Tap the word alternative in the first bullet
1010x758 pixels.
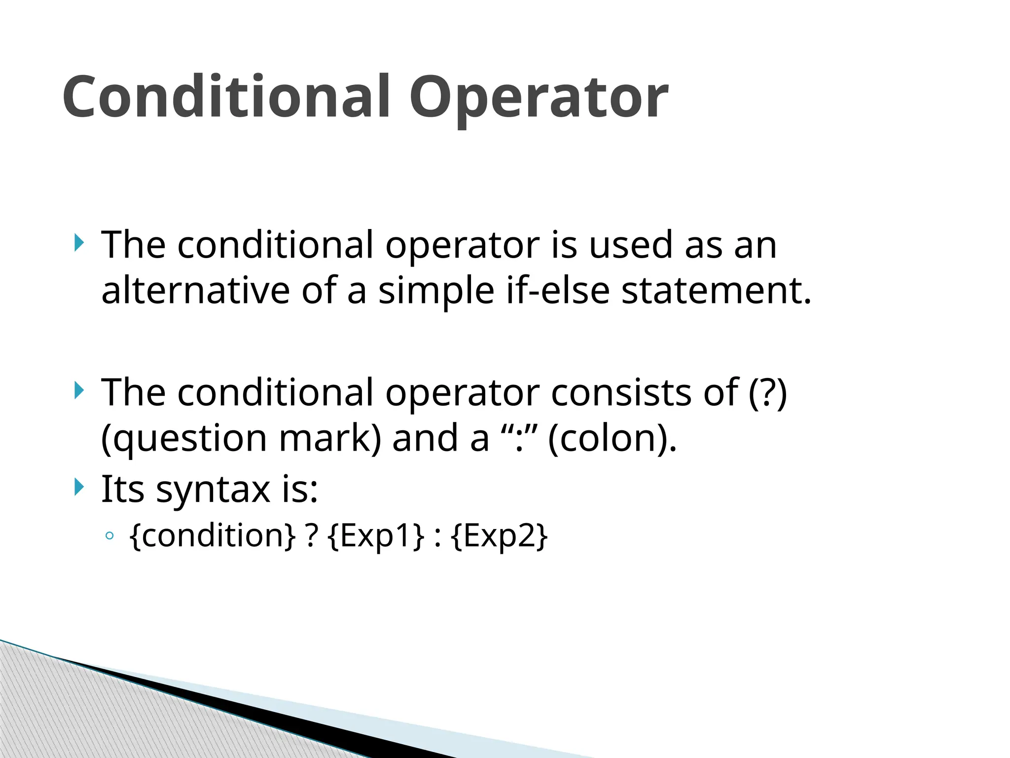pos(195,290)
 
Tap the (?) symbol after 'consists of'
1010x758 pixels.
pos(767,393)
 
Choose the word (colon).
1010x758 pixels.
pos(612,438)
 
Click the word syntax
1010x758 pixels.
pos(213,490)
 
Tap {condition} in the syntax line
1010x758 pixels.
pos(213,536)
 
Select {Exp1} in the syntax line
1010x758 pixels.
pos(375,536)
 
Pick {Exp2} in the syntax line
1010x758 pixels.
pos(499,536)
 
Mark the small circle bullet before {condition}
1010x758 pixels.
pos(110,536)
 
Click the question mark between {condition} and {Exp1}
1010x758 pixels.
pos(311,536)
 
